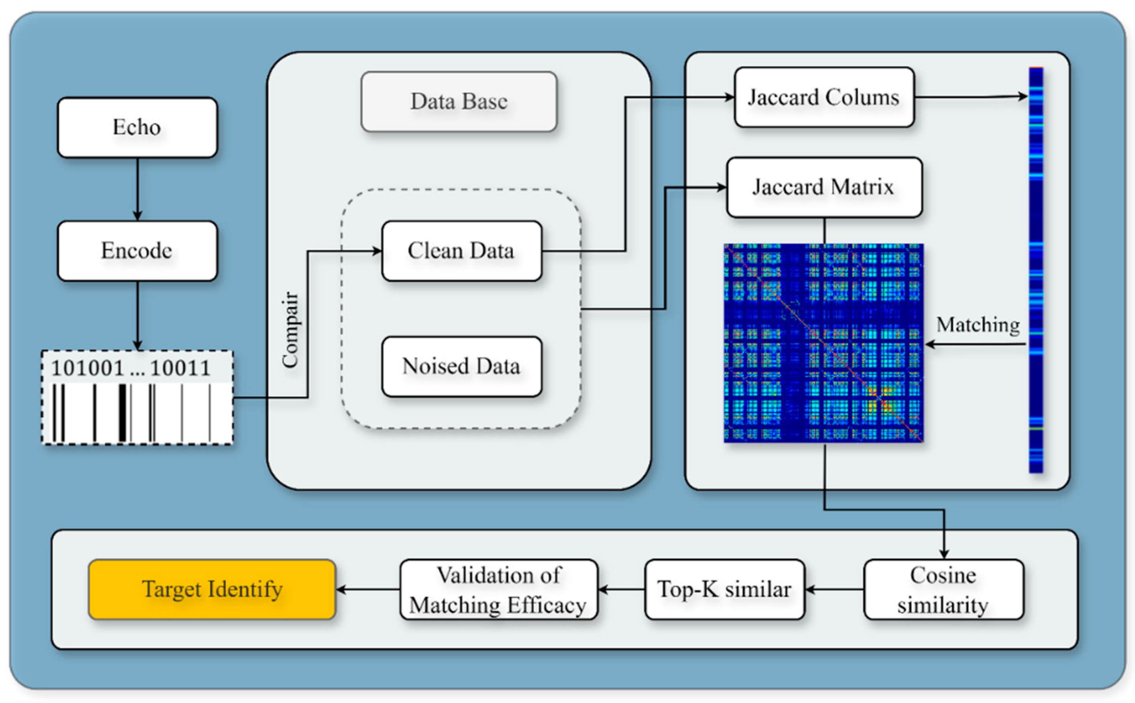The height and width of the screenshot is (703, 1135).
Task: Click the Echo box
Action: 137,127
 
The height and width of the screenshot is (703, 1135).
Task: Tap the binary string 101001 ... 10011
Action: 131,368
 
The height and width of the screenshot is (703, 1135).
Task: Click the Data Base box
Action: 459,101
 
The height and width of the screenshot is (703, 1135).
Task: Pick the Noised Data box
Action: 461,367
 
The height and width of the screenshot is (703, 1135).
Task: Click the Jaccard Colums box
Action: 824,97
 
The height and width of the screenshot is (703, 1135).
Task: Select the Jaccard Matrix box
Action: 824,187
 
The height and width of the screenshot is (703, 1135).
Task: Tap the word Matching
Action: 978,324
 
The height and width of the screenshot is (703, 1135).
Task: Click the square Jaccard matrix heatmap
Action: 824,343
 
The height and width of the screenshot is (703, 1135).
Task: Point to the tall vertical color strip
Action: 1036,270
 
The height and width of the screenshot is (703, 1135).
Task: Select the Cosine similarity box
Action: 944,590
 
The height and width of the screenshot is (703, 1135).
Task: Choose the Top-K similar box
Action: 725,590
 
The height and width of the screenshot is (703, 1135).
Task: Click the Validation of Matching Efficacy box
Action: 499,590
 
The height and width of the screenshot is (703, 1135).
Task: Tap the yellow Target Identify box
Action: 212,590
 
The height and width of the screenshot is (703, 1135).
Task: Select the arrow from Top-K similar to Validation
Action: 621,590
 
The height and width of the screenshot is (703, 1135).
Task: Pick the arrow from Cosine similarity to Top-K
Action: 834,590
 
